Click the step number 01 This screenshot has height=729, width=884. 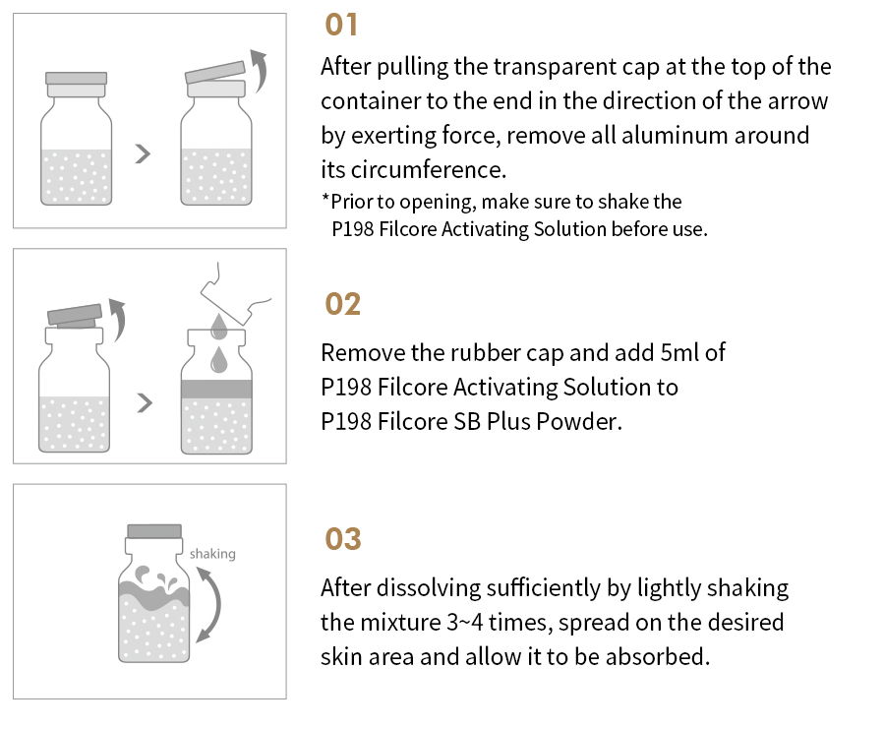point(341,26)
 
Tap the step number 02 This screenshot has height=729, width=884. point(342,305)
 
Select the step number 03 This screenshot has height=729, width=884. point(343,539)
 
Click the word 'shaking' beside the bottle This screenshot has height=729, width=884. point(212,554)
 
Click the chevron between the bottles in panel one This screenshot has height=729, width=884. point(144,153)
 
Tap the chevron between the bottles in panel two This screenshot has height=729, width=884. point(145,402)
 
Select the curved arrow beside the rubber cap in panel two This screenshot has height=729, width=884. point(119,320)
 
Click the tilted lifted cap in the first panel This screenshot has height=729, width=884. point(215,72)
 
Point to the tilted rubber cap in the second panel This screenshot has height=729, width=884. point(75,314)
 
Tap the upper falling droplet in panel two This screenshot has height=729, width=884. point(218,327)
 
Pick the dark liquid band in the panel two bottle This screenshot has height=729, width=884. point(216,389)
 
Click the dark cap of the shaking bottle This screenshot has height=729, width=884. point(154,531)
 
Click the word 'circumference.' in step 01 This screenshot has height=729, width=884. point(429,170)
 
